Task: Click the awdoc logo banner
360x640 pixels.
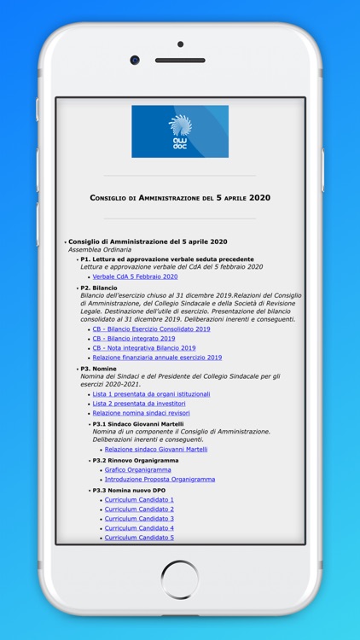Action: click(x=180, y=131)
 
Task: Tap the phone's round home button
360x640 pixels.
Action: click(x=180, y=579)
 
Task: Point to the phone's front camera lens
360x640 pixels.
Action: click(x=135, y=61)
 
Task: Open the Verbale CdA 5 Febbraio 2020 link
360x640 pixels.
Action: click(x=135, y=276)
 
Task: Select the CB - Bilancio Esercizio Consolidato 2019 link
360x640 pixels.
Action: click(x=151, y=329)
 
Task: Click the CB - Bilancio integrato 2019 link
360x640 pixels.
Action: click(x=134, y=338)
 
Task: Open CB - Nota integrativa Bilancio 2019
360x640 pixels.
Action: click(x=144, y=348)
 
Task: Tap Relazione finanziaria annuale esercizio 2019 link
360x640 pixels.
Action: click(x=157, y=358)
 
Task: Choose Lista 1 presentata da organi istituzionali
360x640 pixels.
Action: click(x=151, y=394)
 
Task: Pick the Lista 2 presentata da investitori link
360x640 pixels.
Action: click(x=139, y=404)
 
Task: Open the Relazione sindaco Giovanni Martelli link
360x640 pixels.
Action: click(x=156, y=449)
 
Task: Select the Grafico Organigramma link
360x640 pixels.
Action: click(x=137, y=469)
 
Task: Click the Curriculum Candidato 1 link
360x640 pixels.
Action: click(x=139, y=500)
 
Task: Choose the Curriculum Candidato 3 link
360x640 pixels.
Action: click(x=139, y=519)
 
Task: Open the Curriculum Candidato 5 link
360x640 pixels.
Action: click(x=139, y=538)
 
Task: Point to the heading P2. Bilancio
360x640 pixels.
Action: click(x=99, y=288)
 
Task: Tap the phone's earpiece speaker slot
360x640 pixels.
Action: click(x=180, y=61)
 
